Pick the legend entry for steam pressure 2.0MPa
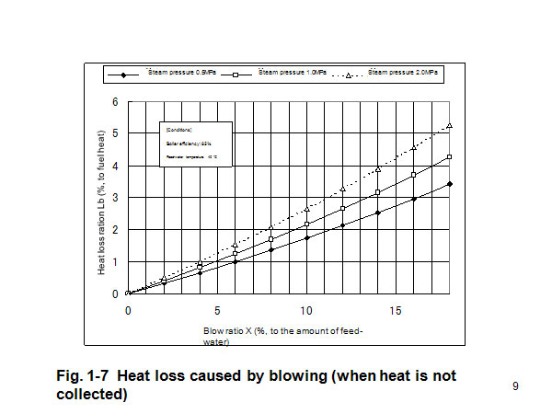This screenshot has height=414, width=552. click(402, 74)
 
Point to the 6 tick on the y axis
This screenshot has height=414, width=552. click(115, 100)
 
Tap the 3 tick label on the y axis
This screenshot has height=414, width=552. click(115, 197)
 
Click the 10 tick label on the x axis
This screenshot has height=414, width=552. click(307, 310)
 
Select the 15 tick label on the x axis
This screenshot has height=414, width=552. click(397, 310)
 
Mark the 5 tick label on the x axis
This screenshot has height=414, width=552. click(217, 310)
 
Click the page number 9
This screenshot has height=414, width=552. click(515, 386)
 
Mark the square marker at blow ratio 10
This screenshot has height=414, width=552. click(307, 224)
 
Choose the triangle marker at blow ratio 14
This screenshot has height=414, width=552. click(378, 169)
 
